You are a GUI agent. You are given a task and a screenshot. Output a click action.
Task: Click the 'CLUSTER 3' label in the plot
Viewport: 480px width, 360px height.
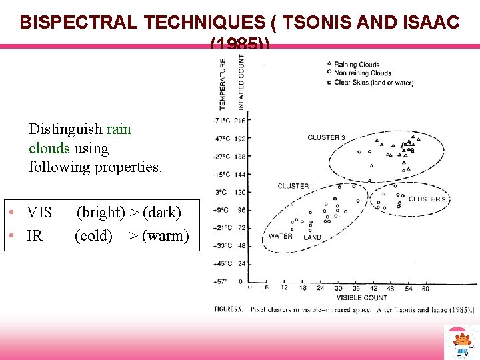tap(326, 137)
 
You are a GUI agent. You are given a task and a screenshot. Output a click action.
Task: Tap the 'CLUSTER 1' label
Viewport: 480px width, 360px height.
tap(293, 186)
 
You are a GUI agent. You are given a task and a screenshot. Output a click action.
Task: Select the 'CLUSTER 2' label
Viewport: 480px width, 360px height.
tap(427, 199)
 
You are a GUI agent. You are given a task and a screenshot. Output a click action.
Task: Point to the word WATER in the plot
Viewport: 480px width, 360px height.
tap(280, 236)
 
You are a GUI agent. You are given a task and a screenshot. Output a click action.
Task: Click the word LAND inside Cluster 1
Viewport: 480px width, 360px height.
tap(312, 237)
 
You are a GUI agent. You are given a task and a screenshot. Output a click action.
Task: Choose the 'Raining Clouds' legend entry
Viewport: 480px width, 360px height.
tap(357, 65)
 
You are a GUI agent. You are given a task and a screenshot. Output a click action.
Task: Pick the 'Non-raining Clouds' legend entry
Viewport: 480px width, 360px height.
tap(363, 73)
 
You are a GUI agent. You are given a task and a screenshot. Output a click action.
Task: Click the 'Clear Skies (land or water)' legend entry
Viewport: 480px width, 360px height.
tap(373, 83)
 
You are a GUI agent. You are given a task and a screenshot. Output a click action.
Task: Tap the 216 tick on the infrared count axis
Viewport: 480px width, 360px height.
tap(240, 120)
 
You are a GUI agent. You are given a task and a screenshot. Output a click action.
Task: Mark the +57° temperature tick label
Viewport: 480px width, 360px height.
tap(221, 281)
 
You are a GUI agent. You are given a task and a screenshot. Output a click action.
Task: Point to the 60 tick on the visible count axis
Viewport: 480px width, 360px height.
tap(425, 288)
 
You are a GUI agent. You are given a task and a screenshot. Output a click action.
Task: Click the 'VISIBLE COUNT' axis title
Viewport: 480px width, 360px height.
tap(361, 297)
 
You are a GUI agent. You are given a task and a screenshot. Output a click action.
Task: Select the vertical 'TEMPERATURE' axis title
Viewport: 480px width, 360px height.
tap(223, 83)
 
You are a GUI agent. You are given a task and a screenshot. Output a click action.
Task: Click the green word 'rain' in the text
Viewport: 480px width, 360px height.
tap(119, 129)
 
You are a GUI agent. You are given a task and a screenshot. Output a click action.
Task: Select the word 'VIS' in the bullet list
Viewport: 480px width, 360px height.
tap(39, 213)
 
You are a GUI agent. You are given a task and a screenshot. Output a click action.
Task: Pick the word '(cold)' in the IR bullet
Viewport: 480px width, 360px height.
tap(94, 235)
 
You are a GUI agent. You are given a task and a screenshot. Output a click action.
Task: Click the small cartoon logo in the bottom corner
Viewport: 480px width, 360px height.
tap(461, 342)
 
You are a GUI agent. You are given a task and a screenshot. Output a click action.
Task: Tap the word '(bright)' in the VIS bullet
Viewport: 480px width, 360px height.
tap(101, 213)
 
